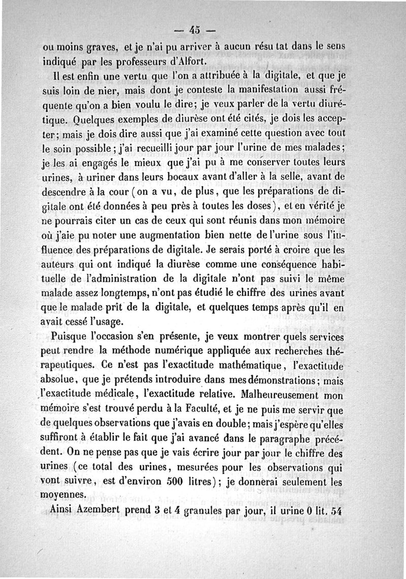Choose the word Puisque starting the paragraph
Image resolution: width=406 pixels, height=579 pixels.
point(69,337)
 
